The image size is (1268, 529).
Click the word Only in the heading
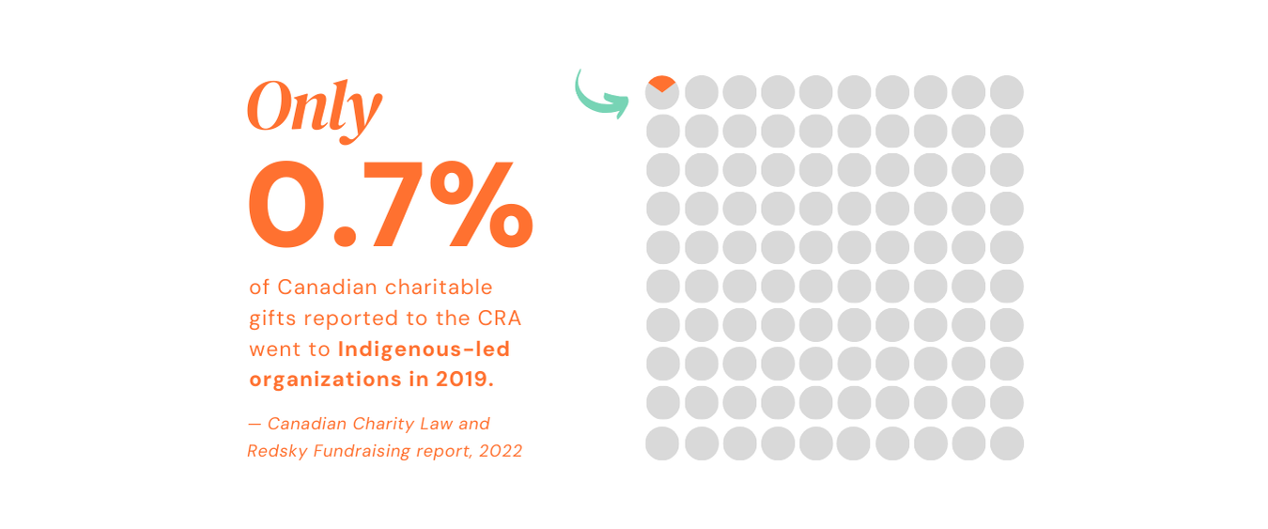(314, 108)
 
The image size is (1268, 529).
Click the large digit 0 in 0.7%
(286, 205)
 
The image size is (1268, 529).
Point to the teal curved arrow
(599, 95)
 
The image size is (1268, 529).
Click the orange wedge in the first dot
(662, 83)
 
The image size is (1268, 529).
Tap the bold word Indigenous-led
(424, 350)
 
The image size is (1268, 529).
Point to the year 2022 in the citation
(500, 451)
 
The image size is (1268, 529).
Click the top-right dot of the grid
(1006, 92)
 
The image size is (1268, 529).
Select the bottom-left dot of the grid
(662, 443)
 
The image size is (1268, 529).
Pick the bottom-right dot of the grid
(1006, 443)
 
